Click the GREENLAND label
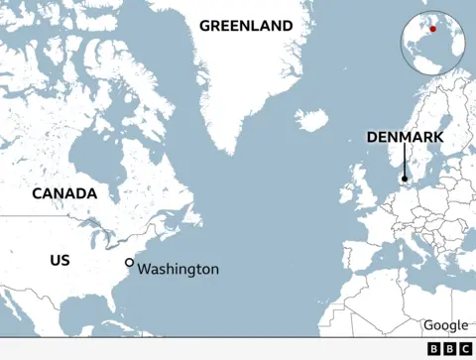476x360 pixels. (246, 26)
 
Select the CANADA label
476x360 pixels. (64, 193)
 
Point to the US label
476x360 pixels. (59, 260)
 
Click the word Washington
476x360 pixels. (178, 269)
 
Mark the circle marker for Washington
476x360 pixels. (129, 262)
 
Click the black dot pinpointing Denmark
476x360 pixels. (405, 180)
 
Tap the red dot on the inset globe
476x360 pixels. (432, 30)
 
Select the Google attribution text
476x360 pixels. (445, 325)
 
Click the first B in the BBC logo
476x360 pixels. (433, 349)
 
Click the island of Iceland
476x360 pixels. (311, 120)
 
